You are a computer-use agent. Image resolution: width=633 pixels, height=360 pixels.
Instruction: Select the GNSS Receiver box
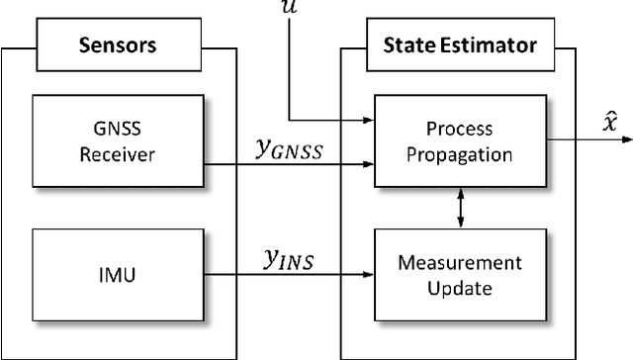116,140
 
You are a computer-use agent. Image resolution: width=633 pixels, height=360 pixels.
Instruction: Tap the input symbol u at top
288,6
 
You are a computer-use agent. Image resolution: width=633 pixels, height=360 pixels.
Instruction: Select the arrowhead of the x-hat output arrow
607,140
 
